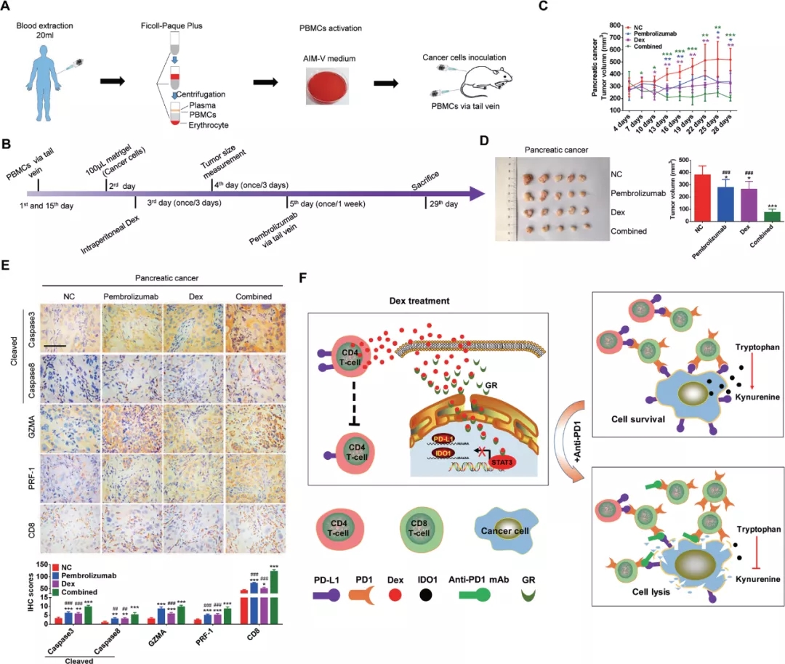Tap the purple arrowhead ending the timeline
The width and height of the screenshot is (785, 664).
click(477, 193)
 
